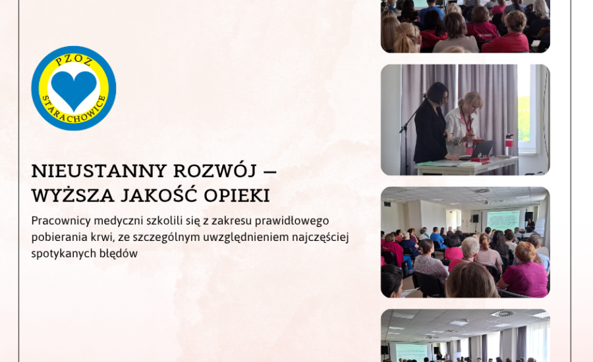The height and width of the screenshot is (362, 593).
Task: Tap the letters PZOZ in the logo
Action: coord(74,61)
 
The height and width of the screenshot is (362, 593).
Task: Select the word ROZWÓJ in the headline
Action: coord(215,170)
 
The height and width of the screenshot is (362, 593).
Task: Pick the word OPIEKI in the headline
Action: coord(237,196)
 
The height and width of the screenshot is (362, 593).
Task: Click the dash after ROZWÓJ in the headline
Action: coord(269,172)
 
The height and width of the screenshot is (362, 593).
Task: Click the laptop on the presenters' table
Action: coord(478,149)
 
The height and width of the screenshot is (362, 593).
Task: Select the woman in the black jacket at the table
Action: coord(432,123)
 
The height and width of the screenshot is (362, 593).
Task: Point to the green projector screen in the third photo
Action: coord(503,220)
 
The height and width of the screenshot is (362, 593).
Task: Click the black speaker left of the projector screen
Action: coord(475,218)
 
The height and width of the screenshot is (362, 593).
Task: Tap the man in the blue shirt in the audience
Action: coord(438,240)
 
